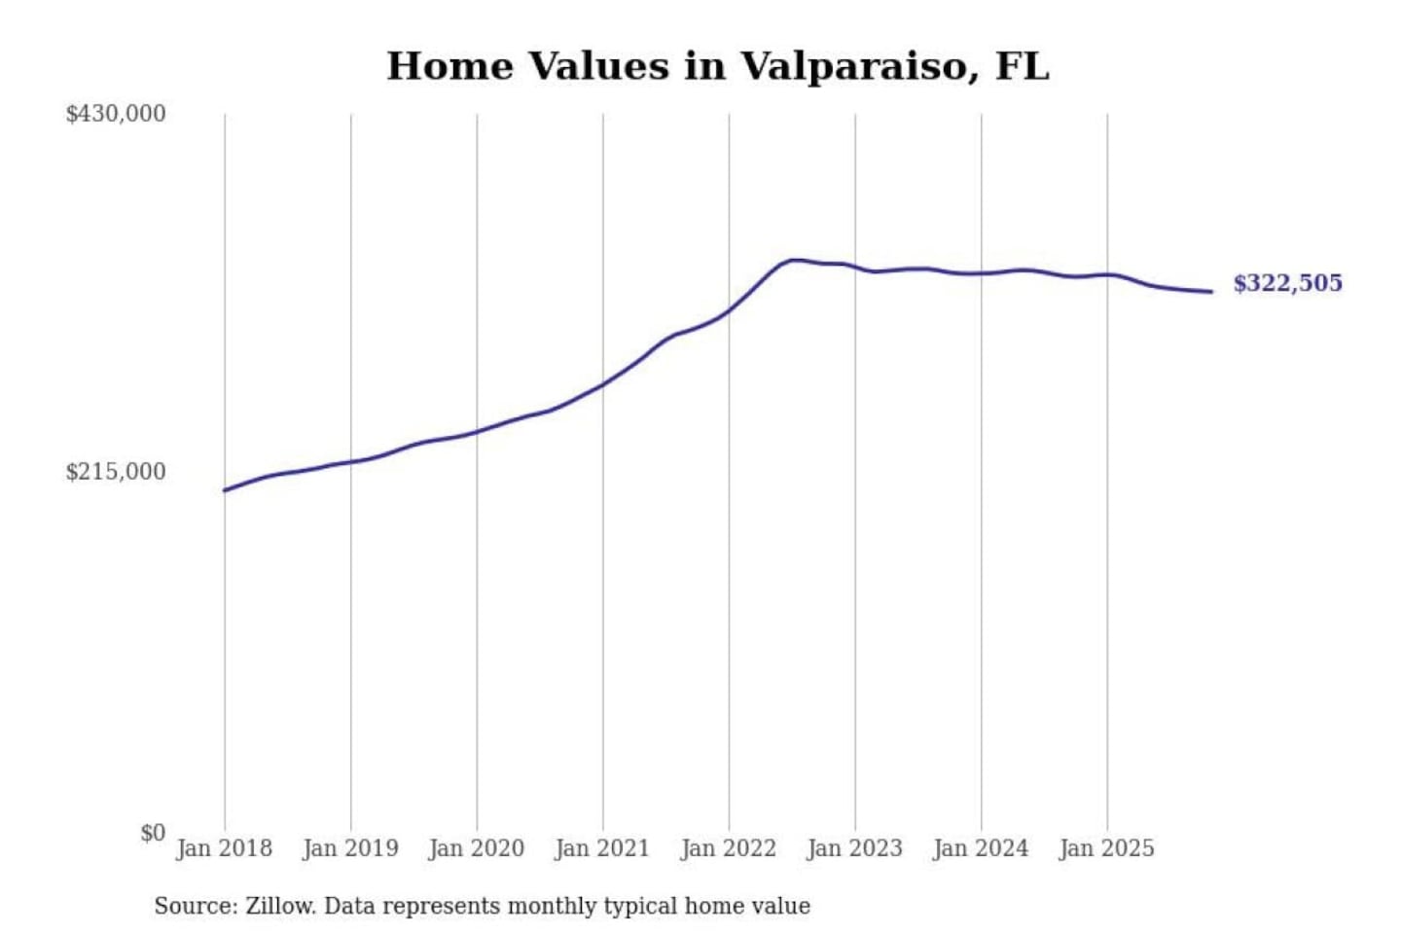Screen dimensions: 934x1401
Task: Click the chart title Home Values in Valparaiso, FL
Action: pyautogui.click(x=718, y=66)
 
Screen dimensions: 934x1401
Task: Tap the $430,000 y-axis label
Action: pyautogui.click(x=116, y=114)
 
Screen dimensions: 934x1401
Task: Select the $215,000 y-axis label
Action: pyautogui.click(x=116, y=472)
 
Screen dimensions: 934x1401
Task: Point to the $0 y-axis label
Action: pyautogui.click(x=153, y=833)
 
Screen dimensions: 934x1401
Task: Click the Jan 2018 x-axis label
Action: pyautogui.click(x=224, y=848)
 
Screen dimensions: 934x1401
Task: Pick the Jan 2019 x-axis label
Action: pyautogui.click(x=350, y=848)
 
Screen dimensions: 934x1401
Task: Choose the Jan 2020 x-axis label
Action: pyautogui.click(x=477, y=848)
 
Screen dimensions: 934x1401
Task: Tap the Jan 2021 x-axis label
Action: pyautogui.click(x=602, y=848)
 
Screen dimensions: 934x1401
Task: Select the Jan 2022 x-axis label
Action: pyautogui.click(x=729, y=848)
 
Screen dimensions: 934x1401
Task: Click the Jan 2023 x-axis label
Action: pyautogui.click(x=855, y=848)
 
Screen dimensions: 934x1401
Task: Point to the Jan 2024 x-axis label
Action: pyautogui.click(x=981, y=848)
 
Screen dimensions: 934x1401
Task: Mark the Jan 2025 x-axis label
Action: pyautogui.click(x=1107, y=848)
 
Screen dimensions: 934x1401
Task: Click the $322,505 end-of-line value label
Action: pyautogui.click(x=1287, y=283)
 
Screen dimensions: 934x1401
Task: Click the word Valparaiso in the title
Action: pyautogui.click(x=853, y=66)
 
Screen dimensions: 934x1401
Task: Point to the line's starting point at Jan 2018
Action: pyautogui.click(x=226, y=489)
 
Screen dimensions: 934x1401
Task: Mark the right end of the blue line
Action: pyautogui.click(x=1211, y=291)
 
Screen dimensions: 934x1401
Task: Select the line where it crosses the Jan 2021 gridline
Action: pyautogui.click(x=603, y=384)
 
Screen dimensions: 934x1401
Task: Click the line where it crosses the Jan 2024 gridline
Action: pyautogui.click(x=981, y=273)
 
